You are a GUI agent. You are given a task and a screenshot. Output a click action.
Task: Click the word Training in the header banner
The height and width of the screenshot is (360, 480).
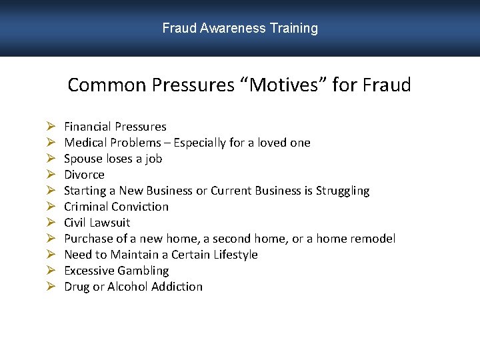click(294, 29)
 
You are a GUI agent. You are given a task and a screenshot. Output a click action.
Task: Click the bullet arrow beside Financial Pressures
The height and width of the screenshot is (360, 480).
click(51, 127)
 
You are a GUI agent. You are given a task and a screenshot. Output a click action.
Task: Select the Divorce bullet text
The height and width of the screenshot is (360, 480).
click(84, 175)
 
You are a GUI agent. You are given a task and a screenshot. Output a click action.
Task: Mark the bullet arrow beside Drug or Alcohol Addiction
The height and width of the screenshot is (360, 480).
click(51, 287)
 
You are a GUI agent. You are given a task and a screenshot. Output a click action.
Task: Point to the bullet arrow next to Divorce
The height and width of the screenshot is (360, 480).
click(51, 175)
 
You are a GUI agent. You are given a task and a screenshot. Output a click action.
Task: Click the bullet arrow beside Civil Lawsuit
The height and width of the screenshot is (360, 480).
click(51, 223)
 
